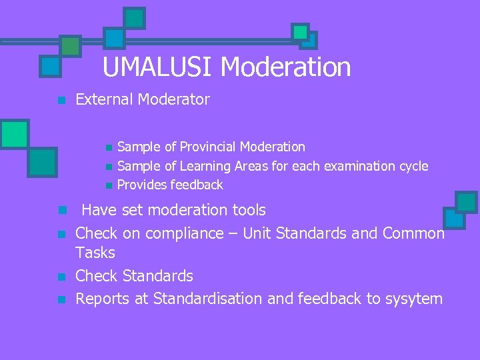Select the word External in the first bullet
point(105,100)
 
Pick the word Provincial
point(205,147)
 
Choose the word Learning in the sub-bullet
point(207,165)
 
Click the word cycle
point(411,165)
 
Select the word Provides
point(142,185)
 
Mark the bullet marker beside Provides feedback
point(109,185)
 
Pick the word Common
point(413,233)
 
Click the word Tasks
point(95,253)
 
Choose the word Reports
point(103,299)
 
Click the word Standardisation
point(208,299)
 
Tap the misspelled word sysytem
point(414,299)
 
